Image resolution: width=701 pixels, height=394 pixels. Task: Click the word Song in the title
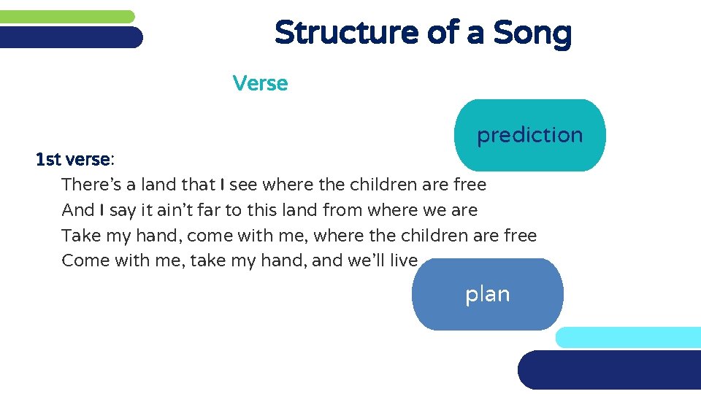tap(532, 33)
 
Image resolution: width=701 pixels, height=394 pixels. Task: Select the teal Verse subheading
tap(260, 83)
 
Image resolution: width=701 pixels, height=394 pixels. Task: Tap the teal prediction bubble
tap(530, 135)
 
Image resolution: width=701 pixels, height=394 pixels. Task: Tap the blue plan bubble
tap(488, 294)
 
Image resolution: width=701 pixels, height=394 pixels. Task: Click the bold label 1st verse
tap(73, 159)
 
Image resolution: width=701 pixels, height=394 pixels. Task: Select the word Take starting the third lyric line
tap(80, 236)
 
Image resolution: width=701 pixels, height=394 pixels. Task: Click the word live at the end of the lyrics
tap(404, 260)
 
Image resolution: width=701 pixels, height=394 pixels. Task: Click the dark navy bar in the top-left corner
tap(71, 37)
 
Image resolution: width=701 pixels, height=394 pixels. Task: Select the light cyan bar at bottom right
tap(628, 337)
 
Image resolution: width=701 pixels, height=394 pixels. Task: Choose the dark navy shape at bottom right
tap(610, 370)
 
